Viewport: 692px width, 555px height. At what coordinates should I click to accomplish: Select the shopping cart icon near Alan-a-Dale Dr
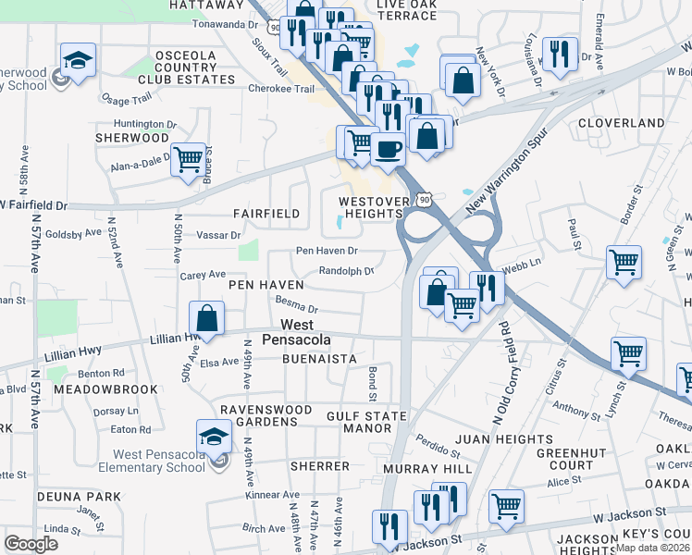[x=188, y=159]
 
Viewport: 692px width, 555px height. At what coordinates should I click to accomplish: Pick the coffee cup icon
[x=389, y=147]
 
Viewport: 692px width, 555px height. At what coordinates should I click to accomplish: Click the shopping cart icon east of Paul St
[x=624, y=262]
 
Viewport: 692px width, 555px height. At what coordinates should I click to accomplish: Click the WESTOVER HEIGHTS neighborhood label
[x=373, y=207]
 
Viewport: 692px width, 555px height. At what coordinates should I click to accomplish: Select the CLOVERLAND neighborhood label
[x=621, y=123]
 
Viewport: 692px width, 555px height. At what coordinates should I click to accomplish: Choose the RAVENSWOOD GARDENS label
[x=258, y=414]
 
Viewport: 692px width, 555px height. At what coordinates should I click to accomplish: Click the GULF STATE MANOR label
[x=366, y=423]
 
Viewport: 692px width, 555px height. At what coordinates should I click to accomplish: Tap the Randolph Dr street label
[x=346, y=271]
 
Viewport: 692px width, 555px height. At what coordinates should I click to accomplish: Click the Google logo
[x=31, y=544]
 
